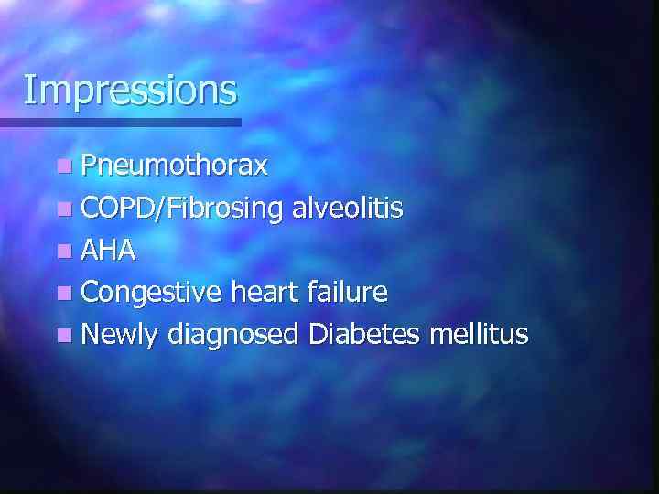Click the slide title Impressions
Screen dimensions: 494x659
[x=130, y=90]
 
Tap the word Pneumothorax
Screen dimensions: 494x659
[x=174, y=166]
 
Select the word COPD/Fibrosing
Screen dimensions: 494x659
[x=181, y=209]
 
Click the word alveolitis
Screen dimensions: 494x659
[x=347, y=208]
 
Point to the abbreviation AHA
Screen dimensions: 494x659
[x=108, y=251]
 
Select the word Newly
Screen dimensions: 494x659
[x=120, y=335]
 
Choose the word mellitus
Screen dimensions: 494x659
[x=482, y=334]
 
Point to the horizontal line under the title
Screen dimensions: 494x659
[x=119, y=122]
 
